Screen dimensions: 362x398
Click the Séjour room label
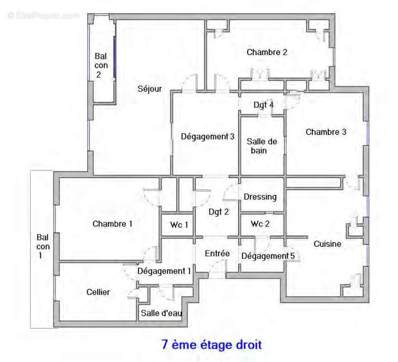coord(149,89)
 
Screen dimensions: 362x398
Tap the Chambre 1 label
coord(113,224)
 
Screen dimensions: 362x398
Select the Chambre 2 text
coord(267,52)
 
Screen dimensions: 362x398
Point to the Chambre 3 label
coord(326,132)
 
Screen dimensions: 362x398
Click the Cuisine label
coord(327,244)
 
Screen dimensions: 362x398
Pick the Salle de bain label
coord(262,146)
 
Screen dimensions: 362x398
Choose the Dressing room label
coord(260,197)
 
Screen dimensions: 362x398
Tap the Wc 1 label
coord(179,224)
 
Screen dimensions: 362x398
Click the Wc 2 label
coord(260,224)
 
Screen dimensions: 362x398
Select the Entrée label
coord(217,253)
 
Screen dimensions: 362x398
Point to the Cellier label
coord(98,292)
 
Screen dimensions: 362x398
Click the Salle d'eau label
coord(161,313)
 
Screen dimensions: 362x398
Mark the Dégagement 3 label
coord(208,136)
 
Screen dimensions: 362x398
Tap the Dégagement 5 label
coord(268,256)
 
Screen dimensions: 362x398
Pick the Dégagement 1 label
coord(164,271)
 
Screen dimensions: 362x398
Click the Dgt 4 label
coord(264,105)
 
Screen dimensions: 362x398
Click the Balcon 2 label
coord(101,65)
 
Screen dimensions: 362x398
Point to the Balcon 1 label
coord(43,246)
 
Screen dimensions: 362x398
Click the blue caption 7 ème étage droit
coord(211,345)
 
